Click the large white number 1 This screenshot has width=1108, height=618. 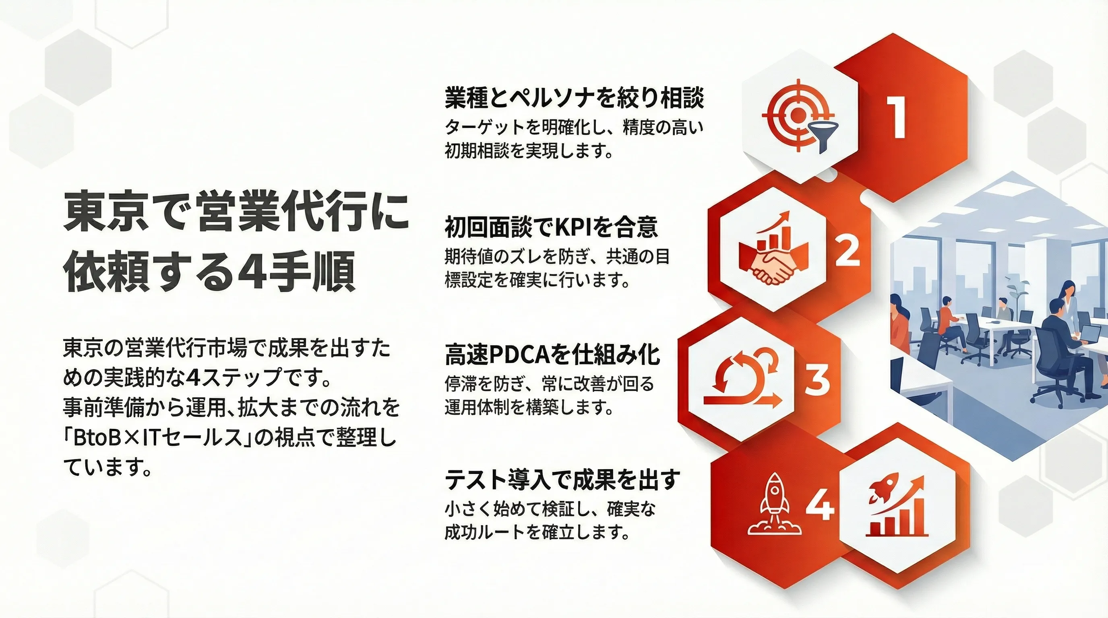click(895, 117)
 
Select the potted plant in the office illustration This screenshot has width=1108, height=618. click(1018, 295)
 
